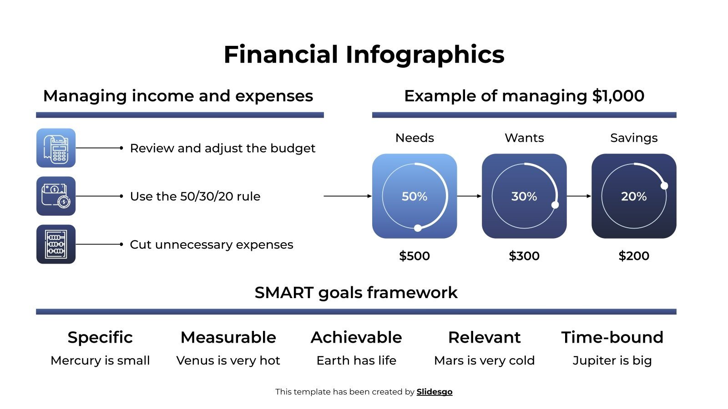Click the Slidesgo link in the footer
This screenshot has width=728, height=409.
point(434,392)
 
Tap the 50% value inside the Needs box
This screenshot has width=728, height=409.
point(414,196)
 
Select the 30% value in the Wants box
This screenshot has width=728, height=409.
point(524,196)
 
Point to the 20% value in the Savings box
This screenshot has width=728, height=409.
point(633,196)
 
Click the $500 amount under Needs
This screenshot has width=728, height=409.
point(414,256)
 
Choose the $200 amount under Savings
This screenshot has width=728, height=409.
point(633,256)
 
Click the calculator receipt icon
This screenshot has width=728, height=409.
point(56,148)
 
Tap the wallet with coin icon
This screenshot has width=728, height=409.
point(56,196)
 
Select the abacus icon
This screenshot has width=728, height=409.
point(56,244)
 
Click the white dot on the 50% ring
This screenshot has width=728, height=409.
point(418,228)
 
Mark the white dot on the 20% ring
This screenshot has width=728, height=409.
point(664,185)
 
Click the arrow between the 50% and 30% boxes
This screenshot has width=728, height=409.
point(469,196)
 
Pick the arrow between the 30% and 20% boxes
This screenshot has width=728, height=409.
point(579,196)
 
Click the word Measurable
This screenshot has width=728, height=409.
point(228,337)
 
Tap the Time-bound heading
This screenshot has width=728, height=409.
point(612,337)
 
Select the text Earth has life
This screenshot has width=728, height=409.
point(356,360)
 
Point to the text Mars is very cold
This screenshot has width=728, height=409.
point(484,360)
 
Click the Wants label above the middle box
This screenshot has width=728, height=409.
point(524,138)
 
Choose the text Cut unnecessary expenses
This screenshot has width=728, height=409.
point(212,244)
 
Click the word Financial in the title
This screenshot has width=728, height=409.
point(281,55)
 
